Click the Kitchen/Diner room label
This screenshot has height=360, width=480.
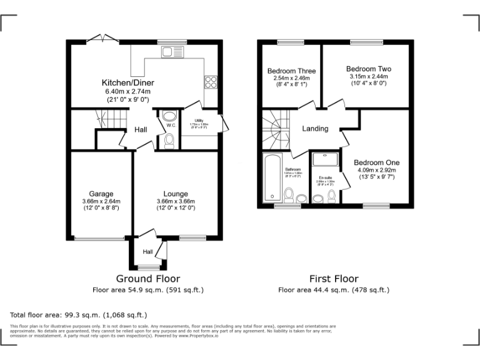pyautogui.click(x=128, y=82)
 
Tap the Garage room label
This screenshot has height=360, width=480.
pyautogui.click(x=101, y=194)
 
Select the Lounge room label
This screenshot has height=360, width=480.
pyautogui.click(x=176, y=194)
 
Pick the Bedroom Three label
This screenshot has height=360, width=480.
pyautogui.click(x=291, y=71)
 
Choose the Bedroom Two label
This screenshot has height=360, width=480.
pyautogui.click(x=368, y=69)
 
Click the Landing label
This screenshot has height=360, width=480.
pyautogui.click(x=315, y=129)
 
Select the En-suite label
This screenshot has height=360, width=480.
pyautogui.click(x=324, y=177)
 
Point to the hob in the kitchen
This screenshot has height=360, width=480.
pyautogui.click(x=211, y=82)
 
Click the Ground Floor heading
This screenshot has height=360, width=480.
pyautogui.click(x=148, y=279)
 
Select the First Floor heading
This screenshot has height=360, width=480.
pyautogui.click(x=334, y=279)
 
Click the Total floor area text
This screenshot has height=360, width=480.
pyautogui.click(x=79, y=314)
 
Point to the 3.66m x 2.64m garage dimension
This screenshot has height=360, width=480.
pyautogui.click(x=101, y=201)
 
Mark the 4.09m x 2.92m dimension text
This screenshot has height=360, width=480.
pyautogui.click(x=377, y=170)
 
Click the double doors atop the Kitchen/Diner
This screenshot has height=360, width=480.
pyautogui.click(x=101, y=39)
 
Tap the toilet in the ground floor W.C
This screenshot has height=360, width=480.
pyautogui.click(x=169, y=142)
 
